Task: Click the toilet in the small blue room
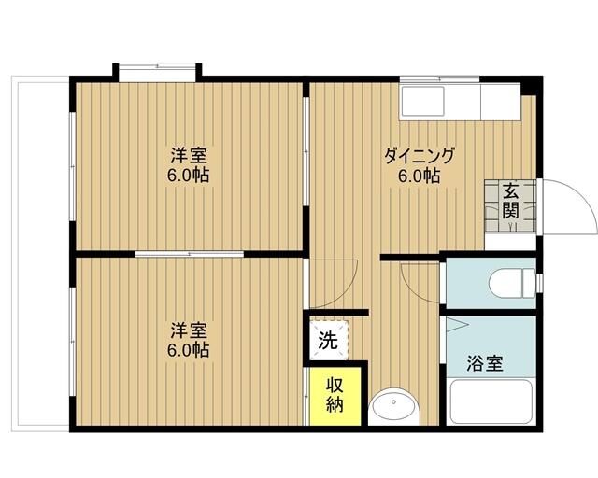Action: [512, 280]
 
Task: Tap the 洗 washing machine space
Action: [327, 341]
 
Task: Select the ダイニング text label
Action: [420, 156]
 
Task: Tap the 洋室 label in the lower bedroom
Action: [189, 330]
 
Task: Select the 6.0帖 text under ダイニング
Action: [420, 176]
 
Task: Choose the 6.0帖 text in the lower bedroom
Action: [189, 351]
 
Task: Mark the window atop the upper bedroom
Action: [157, 70]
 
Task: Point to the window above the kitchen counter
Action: [439, 78]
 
